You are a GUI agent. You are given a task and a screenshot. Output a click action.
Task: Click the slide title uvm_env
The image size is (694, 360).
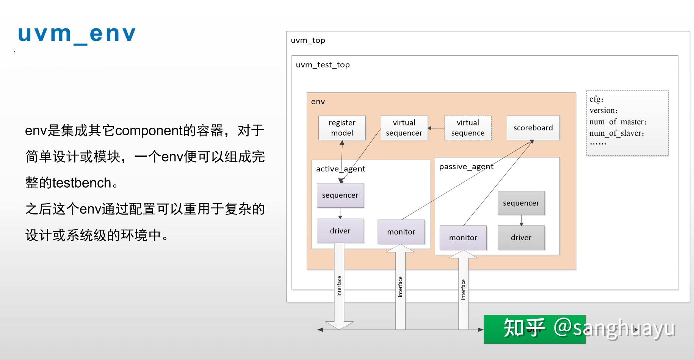(77, 34)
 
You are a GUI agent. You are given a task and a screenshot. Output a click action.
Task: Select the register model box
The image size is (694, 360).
(342, 128)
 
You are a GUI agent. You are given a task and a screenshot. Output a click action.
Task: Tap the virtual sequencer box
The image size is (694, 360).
(404, 128)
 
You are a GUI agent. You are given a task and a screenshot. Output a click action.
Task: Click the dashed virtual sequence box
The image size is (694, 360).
(468, 128)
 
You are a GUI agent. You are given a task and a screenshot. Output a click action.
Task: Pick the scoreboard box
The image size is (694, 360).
(533, 128)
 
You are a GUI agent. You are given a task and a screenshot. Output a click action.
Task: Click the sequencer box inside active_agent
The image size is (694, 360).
(340, 195)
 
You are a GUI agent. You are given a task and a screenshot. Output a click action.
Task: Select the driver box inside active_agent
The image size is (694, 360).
(340, 231)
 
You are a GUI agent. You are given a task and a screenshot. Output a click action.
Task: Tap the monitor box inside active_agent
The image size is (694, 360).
(401, 232)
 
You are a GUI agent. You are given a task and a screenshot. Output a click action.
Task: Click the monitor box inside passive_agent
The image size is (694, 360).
(463, 238)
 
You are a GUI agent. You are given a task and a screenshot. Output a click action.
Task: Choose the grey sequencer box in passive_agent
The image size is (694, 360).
(521, 203)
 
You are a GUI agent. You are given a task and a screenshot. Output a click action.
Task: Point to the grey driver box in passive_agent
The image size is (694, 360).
(521, 238)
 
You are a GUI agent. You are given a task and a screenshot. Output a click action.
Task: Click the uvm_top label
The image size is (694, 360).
(308, 40)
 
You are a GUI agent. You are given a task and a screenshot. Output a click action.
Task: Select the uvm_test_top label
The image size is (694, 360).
(323, 65)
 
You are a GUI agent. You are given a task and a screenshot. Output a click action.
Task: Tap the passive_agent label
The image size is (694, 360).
(466, 167)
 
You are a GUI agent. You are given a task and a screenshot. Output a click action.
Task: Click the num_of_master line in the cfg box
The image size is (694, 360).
(618, 122)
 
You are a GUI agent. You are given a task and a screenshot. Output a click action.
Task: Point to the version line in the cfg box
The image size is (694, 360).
(603, 111)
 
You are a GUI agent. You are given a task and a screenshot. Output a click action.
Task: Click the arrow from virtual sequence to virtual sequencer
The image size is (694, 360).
(436, 128)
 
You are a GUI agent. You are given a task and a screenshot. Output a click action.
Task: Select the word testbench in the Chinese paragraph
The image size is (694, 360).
(81, 183)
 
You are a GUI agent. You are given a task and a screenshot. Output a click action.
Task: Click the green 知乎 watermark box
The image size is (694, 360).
(534, 329)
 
